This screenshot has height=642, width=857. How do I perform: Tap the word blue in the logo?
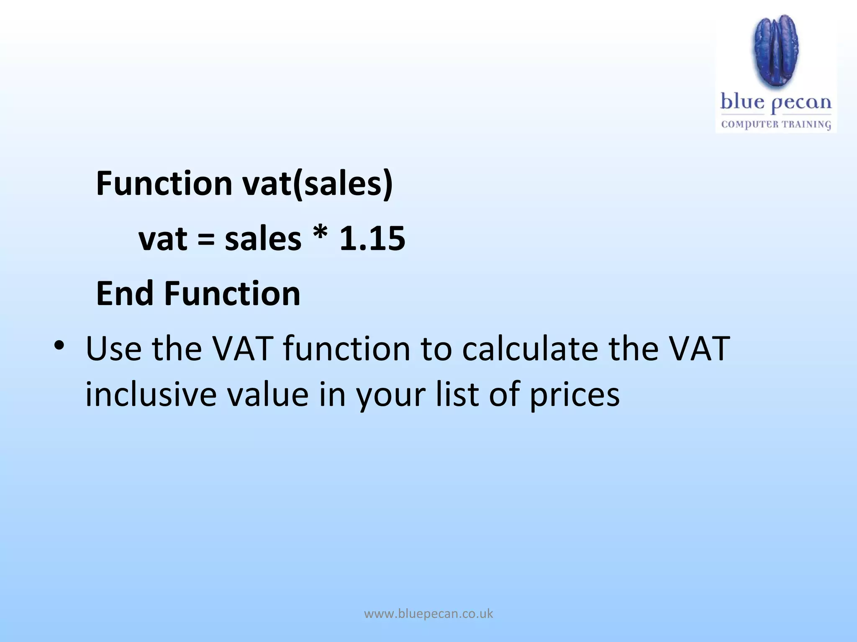pyautogui.click(x=742, y=102)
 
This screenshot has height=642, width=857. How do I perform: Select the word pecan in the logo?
pyautogui.click(x=801, y=104)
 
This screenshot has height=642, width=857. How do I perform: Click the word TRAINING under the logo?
pyautogui.click(x=806, y=125)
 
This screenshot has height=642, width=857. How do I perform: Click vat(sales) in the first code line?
pyautogui.click(x=318, y=183)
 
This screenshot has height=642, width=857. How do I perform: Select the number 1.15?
pyautogui.click(x=372, y=239)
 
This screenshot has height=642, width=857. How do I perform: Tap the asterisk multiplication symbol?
pyautogui.click(x=320, y=235)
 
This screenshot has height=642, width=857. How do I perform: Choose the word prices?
pyautogui.click(x=575, y=395)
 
